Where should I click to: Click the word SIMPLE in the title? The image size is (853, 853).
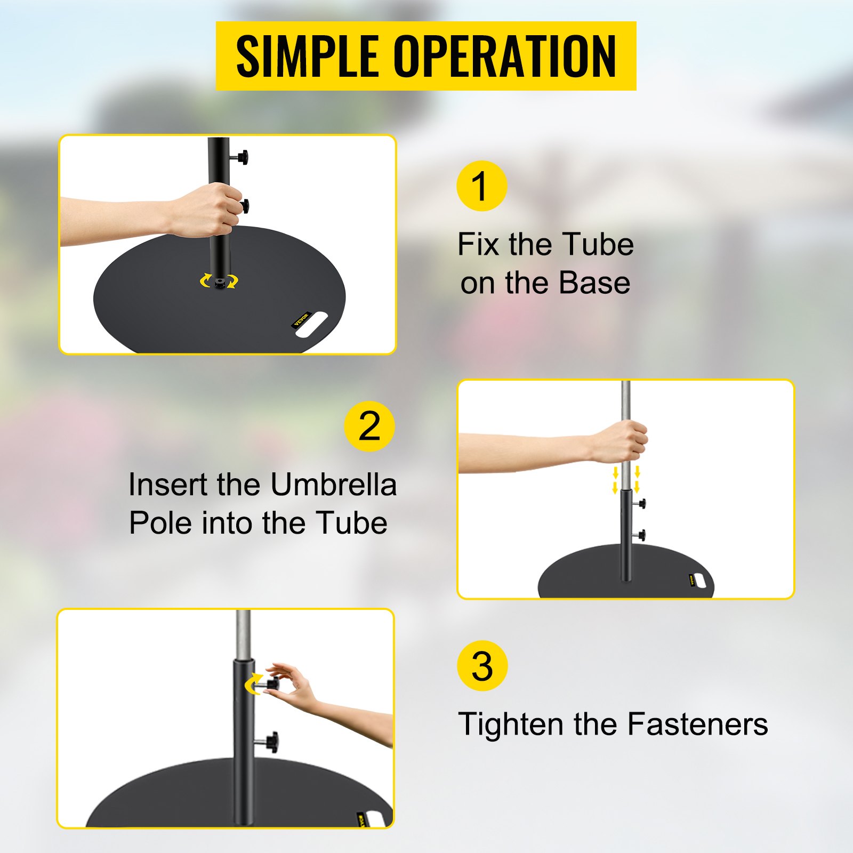coord(307,57)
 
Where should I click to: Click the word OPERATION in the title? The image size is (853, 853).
coord(504,57)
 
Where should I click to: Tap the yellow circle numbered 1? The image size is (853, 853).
coord(481,186)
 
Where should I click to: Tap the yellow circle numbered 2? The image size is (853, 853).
coord(369,426)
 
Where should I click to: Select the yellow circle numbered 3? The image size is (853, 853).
coord(482,666)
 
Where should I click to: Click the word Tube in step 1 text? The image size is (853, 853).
coord(598,245)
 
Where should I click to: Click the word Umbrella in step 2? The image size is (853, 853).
coord(333,485)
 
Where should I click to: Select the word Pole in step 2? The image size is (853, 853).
coord(160,523)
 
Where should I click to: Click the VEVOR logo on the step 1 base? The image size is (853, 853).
coord(301,319)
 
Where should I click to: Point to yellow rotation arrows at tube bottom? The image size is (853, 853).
coord(219,281)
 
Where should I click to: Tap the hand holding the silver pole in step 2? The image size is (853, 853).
coord(621,441)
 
